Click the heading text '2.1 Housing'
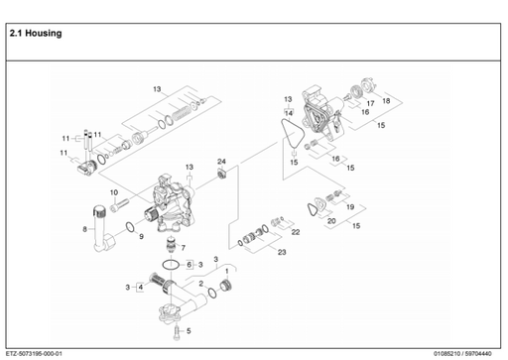[35, 33]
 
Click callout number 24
[222, 161]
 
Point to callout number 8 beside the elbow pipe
[85, 229]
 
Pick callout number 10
[113, 190]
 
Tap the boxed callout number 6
[189, 265]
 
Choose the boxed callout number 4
[140, 287]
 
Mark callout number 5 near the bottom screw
[190, 330]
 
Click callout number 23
[282, 253]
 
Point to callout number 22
[295, 231]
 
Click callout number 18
[386, 101]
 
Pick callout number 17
[369, 103]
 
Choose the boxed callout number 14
[288, 113]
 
